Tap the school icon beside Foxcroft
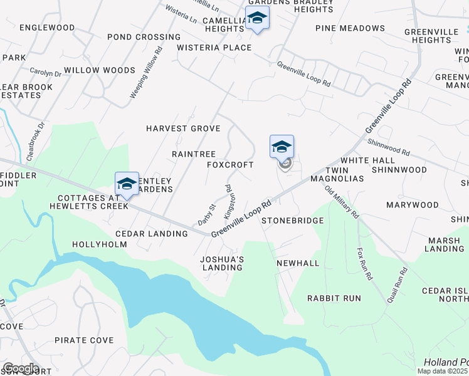tap(282, 147)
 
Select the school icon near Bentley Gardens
tap(127, 184)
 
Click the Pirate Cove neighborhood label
tap(84, 340)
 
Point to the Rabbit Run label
tap(334, 298)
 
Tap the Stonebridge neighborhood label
tap(292, 221)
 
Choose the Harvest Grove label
tap(183, 128)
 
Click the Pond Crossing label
tap(144, 37)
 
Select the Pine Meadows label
tap(350, 28)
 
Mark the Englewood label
tap(47, 28)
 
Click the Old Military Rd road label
tap(342, 202)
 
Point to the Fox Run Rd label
tap(364, 264)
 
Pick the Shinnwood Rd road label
tap(388, 148)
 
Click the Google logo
tap(21, 368)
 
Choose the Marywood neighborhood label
tap(413, 205)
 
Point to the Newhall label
tap(298, 263)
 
